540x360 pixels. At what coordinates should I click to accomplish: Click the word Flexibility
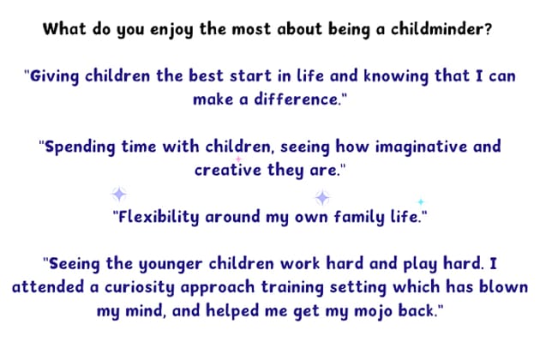coord(159,216)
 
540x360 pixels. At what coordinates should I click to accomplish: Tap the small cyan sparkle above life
coord(420,201)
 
